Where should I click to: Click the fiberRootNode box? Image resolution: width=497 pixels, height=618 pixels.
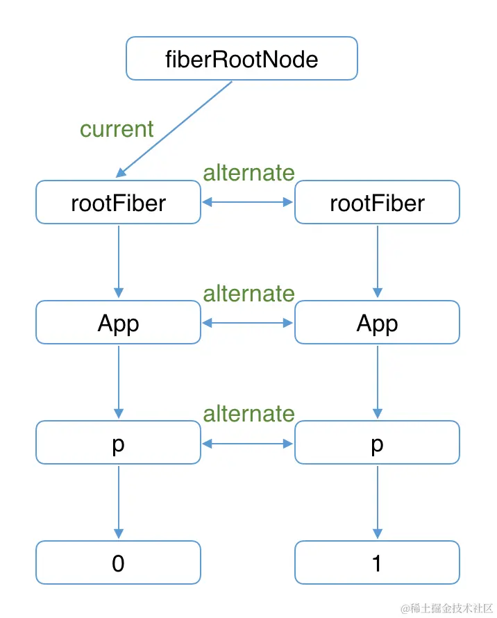tap(242, 58)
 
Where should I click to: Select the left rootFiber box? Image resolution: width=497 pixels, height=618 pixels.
tap(118, 203)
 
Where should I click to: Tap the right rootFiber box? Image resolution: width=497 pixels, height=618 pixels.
tap(377, 203)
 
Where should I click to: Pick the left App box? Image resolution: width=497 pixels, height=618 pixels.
tap(118, 323)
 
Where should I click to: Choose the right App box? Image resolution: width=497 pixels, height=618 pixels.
tap(377, 323)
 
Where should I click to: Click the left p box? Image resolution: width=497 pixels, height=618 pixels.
tap(118, 443)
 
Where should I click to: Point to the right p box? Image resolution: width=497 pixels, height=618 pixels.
tap(377, 443)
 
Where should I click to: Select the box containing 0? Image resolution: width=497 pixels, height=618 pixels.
tap(118, 562)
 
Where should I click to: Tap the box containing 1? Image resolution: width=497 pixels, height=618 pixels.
tap(377, 562)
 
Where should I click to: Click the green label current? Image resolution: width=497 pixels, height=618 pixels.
tap(117, 129)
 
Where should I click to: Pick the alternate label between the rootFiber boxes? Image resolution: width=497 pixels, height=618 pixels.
tap(248, 172)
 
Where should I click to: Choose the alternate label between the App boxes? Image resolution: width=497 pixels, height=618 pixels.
tap(248, 293)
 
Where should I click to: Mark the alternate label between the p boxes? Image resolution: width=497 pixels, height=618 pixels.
tap(248, 414)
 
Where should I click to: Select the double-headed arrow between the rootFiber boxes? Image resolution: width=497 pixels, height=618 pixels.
tap(248, 203)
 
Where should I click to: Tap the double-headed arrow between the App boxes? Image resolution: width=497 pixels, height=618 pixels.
tap(248, 323)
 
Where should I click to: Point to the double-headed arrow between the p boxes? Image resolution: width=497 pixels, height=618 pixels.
tap(248, 443)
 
